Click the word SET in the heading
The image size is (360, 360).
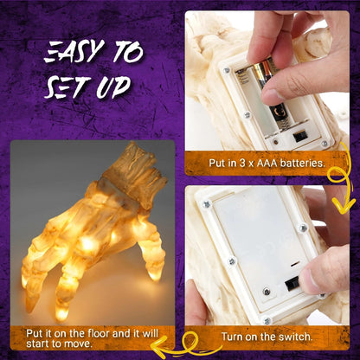point(70,88)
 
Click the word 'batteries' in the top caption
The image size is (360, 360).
point(299,162)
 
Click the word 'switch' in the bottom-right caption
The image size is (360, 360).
point(292,336)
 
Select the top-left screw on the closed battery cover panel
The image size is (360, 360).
point(208,205)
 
